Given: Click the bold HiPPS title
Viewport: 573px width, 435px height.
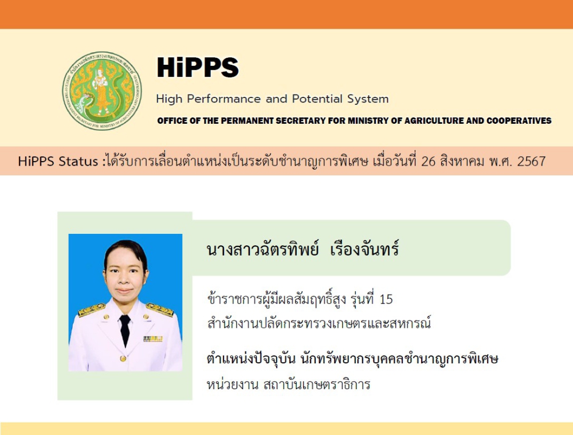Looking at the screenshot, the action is point(198,67).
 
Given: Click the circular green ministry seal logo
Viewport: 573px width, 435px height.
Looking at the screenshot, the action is point(102,91).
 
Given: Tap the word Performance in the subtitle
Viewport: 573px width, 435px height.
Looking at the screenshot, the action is point(224,99).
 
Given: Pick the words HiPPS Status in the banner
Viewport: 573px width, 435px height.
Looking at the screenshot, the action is point(58,161).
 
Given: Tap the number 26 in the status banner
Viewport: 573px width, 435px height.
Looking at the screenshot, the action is point(428,161).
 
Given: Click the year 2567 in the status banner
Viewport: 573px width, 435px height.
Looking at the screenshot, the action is point(531,161).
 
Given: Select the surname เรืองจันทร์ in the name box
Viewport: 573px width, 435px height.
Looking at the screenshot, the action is point(364,249).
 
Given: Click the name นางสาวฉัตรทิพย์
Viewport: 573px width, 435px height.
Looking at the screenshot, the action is point(262,249).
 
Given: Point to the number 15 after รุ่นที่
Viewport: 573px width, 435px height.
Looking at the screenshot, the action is point(386,299).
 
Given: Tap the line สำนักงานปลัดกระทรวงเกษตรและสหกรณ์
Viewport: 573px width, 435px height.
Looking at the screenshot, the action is point(319,323).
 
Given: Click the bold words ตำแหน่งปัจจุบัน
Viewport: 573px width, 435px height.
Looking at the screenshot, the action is point(251,359).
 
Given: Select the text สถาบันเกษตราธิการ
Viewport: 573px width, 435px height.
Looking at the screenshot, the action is point(316,385).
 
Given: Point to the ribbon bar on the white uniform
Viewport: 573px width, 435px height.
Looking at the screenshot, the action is point(153,339).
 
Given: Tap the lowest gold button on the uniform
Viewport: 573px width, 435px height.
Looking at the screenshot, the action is point(123,359).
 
